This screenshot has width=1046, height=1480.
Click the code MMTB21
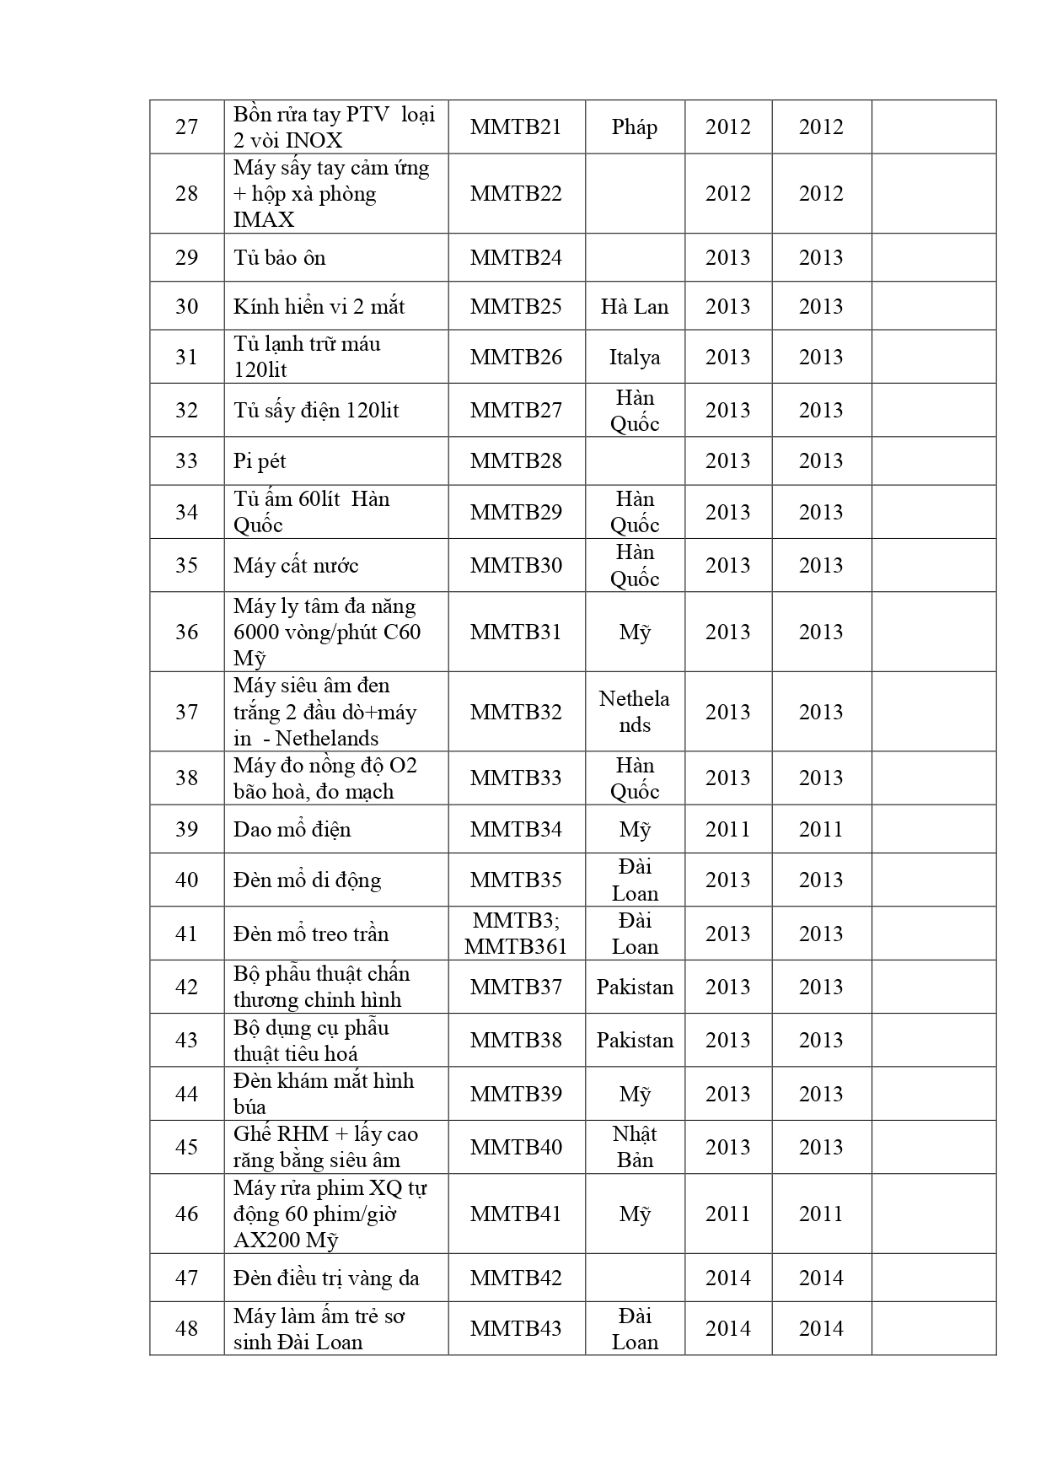(516, 127)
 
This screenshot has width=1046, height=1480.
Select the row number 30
(186, 306)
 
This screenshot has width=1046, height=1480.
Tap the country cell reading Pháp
(634, 127)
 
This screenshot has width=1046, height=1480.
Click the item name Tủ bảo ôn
(280, 258)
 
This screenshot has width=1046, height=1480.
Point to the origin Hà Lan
(634, 306)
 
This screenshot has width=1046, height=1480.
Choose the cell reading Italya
(634, 358)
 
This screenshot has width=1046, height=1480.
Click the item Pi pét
(260, 461)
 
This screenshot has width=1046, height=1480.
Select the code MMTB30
(516, 565)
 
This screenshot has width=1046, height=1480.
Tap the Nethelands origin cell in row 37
(634, 712)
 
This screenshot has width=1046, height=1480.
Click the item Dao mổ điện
(292, 830)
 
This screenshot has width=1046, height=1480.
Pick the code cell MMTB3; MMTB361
(516, 934)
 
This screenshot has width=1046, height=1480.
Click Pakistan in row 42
(635, 987)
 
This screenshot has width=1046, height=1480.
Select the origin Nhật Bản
(634, 1147)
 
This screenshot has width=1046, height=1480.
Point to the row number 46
(186, 1214)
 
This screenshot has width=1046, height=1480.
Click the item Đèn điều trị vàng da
(326, 1278)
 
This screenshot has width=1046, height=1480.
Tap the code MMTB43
(516, 1329)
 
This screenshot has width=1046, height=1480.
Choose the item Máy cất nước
(296, 565)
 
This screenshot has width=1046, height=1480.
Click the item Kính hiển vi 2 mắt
(319, 306)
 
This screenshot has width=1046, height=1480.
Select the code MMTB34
(516, 830)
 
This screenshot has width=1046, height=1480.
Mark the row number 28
(186, 193)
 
